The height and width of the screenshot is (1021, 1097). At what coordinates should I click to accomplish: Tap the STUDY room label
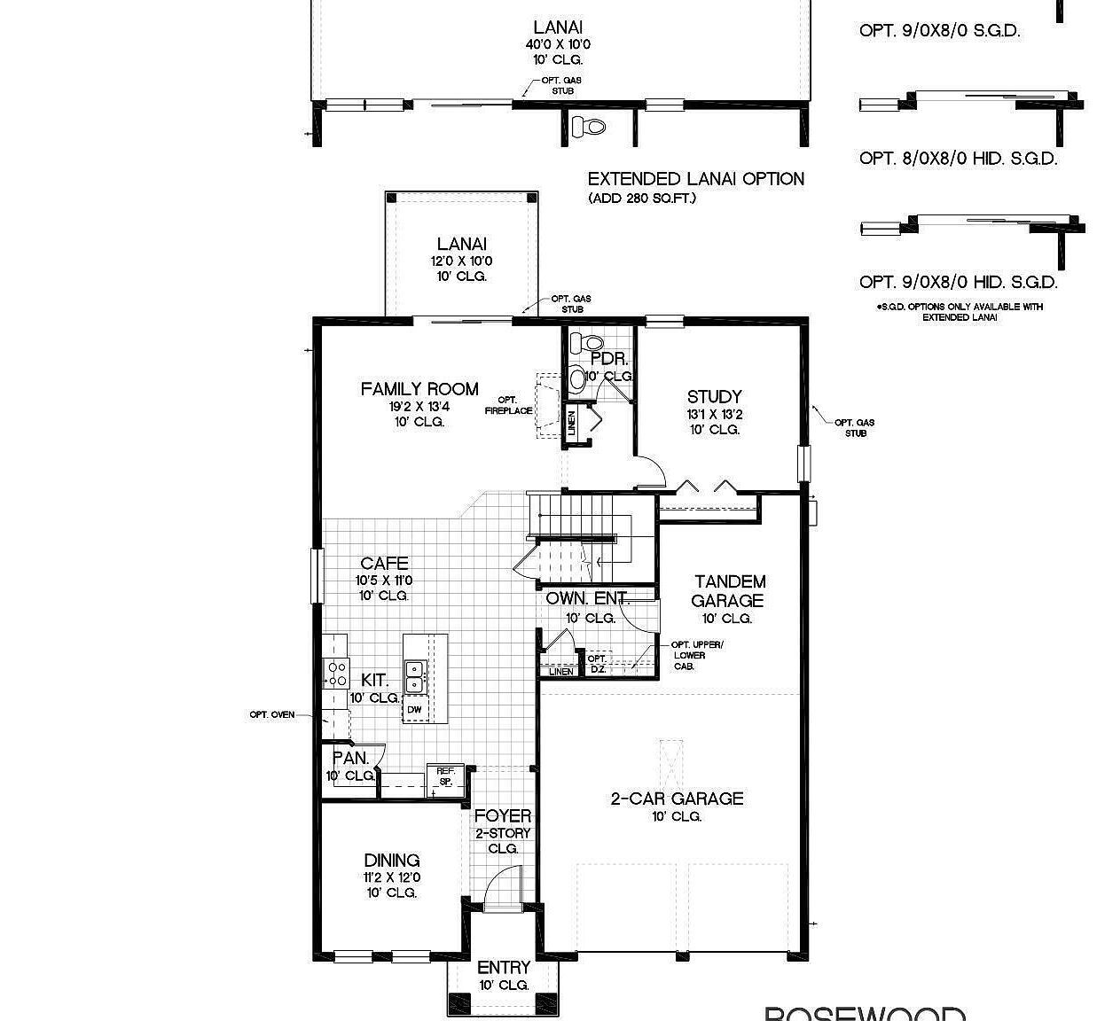714,397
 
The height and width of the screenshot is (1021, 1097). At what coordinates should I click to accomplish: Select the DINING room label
391,861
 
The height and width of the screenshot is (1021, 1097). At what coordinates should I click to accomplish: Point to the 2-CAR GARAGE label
677,799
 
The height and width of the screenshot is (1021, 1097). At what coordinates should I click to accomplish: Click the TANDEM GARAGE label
729,591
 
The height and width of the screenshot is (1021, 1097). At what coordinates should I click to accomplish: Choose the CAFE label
384,564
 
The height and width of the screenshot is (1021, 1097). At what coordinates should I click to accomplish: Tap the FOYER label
503,816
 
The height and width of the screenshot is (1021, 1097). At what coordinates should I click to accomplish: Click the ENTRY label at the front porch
503,968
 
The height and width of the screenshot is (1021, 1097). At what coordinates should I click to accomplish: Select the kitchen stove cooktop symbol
336,674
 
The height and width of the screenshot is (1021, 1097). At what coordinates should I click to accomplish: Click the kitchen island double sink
414,676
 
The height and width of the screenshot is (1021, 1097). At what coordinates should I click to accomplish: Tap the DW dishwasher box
414,710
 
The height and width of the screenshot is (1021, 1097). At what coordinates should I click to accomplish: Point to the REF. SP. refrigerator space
444,776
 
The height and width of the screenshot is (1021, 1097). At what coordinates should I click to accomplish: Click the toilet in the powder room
586,342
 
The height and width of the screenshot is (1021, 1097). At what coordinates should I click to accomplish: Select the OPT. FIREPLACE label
508,405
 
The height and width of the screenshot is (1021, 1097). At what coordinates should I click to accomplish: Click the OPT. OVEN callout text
271,714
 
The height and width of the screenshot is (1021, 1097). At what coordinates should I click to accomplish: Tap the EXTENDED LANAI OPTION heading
695,179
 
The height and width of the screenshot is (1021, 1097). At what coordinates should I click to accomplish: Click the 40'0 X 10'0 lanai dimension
558,44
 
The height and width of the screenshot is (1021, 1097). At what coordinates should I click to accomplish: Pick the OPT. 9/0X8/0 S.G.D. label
939,31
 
